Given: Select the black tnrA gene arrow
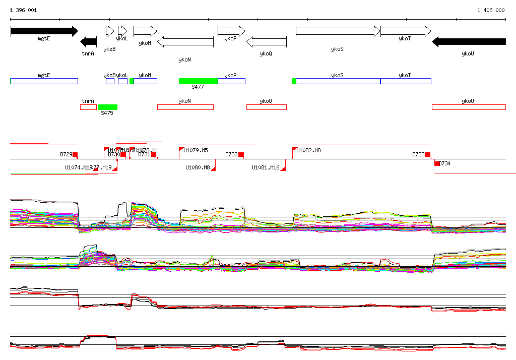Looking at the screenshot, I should pos(89,41).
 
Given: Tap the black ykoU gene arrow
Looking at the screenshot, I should pos(469,41).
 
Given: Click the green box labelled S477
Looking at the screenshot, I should pos(198,81).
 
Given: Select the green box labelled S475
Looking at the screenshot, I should pos(107,107).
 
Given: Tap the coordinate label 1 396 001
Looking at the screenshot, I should pos(23,10).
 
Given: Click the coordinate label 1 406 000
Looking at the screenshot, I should pos(491,10).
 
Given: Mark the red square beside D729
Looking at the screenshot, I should pos(76,154).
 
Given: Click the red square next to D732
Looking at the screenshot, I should pos(241,154).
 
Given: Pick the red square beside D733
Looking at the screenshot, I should pos(428,154).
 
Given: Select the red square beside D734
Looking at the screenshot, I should pos(437,163).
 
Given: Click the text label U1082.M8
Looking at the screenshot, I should pos(308,150).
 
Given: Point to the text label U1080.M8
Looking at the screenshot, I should pos(198,167).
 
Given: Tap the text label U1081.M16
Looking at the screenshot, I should pos(266,167).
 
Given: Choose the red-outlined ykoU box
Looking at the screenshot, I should pos(469,107).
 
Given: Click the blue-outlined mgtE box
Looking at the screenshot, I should pos(44,81).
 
